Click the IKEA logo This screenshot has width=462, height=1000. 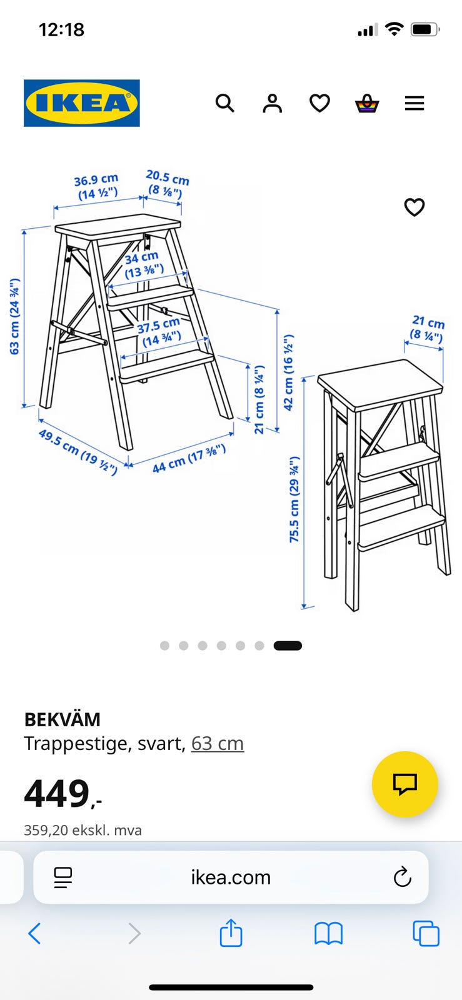pyautogui.click(x=82, y=103)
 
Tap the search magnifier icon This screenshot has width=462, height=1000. pyautogui.click(x=225, y=103)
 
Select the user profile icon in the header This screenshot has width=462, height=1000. pyautogui.click(x=273, y=103)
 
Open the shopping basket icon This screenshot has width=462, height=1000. pyautogui.click(x=367, y=103)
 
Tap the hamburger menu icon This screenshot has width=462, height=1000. pyautogui.click(x=414, y=103)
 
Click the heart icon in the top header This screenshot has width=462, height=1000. pyautogui.click(x=319, y=104)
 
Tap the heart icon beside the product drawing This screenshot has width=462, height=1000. pyautogui.click(x=414, y=207)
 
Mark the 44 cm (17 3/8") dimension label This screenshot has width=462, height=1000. pyautogui.click(x=189, y=459)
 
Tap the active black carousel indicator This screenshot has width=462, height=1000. pyautogui.click(x=288, y=646)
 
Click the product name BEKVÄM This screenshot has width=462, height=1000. pyautogui.click(x=63, y=719)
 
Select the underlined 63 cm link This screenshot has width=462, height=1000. pyautogui.click(x=218, y=744)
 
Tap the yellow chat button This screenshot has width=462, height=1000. pyautogui.click(x=405, y=784)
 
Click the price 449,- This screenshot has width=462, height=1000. pyautogui.click(x=63, y=793)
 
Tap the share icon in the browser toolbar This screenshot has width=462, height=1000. pyautogui.click(x=231, y=932)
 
